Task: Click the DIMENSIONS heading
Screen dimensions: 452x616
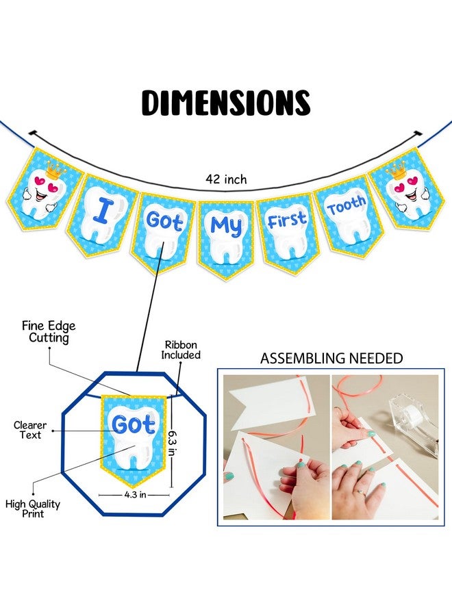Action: (x=226, y=103)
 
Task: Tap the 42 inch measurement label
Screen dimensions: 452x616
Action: (x=227, y=179)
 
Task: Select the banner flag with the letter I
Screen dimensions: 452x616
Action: (x=103, y=216)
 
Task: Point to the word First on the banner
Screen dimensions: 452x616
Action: (x=286, y=220)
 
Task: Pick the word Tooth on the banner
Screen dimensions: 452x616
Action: (x=347, y=205)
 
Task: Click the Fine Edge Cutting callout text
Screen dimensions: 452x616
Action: (x=49, y=332)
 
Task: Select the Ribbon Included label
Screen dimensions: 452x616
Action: (x=181, y=350)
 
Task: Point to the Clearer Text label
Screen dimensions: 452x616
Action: (x=30, y=431)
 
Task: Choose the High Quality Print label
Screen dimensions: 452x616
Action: (x=33, y=509)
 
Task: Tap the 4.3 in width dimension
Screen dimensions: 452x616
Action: (x=135, y=495)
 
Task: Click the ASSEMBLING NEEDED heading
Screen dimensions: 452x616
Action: (x=331, y=358)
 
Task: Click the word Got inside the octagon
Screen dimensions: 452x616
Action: (x=134, y=424)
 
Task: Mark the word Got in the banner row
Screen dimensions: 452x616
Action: (x=164, y=221)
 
